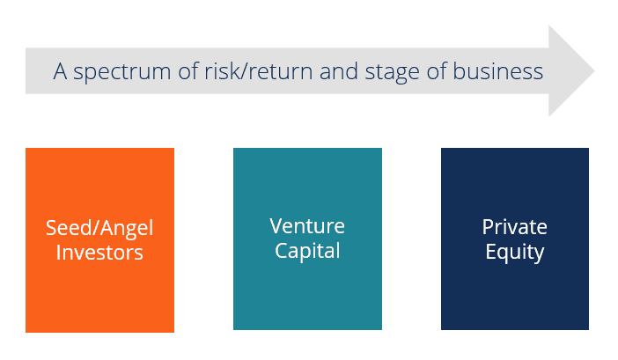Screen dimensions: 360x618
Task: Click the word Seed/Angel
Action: pos(99,229)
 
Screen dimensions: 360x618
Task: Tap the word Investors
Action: pos(99,253)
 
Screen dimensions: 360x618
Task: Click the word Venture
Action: pos(307,226)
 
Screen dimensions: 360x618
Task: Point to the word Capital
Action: pos(307,251)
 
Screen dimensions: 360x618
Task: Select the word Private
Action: pos(515,227)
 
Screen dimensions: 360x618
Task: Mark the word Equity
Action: pos(515,253)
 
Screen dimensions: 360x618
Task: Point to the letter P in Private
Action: pos(487,227)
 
